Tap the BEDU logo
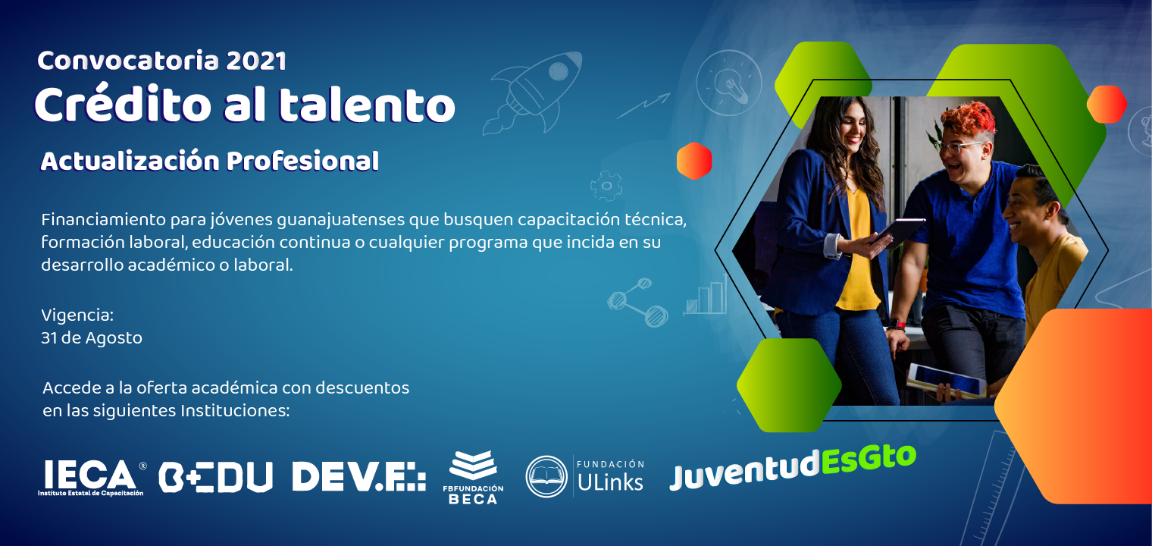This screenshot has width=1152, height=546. coord(215,477)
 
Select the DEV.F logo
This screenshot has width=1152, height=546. coord(359,476)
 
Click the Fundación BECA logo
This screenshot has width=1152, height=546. coord(473,477)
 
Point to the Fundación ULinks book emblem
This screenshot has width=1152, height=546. coord(546,476)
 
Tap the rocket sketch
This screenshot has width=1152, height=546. coord(532,93)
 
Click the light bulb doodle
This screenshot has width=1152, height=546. coord(729,83)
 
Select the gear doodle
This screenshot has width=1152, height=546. coord(606,185)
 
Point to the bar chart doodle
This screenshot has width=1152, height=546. coord(706,296)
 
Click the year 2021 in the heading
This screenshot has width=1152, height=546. coord(255,61)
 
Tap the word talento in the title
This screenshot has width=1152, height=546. coord(367,105)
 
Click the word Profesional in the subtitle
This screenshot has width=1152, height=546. coord(302,161)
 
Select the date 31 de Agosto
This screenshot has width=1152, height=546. coord(92,338)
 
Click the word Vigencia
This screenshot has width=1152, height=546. coord(77,315)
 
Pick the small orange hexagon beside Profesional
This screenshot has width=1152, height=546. coord(694,161)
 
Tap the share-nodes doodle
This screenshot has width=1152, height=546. coord(637,302)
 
